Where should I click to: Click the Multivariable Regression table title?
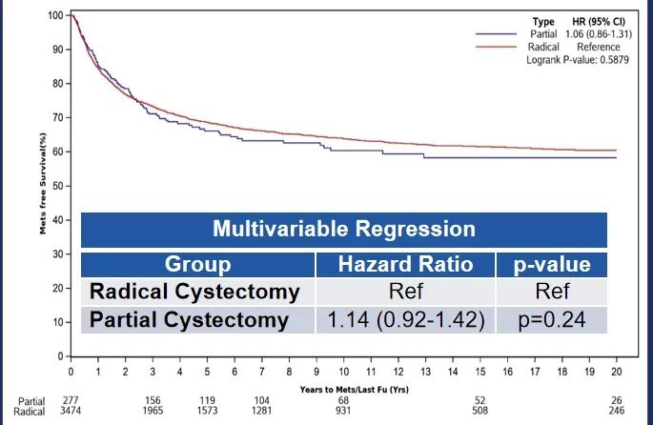[x=343, y=230]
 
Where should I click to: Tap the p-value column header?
[x=553, y=264]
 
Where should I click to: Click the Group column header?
[x=197, y=264]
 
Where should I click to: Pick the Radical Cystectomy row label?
[x=195, y=292]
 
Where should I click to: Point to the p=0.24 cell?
[x=553, y=319]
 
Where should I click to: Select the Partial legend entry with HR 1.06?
[x=562, y=33]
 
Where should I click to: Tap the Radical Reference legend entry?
[x=562, y=46]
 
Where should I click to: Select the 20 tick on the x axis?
[x=616, y=370]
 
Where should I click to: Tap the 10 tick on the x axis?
[x=343, y=370]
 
